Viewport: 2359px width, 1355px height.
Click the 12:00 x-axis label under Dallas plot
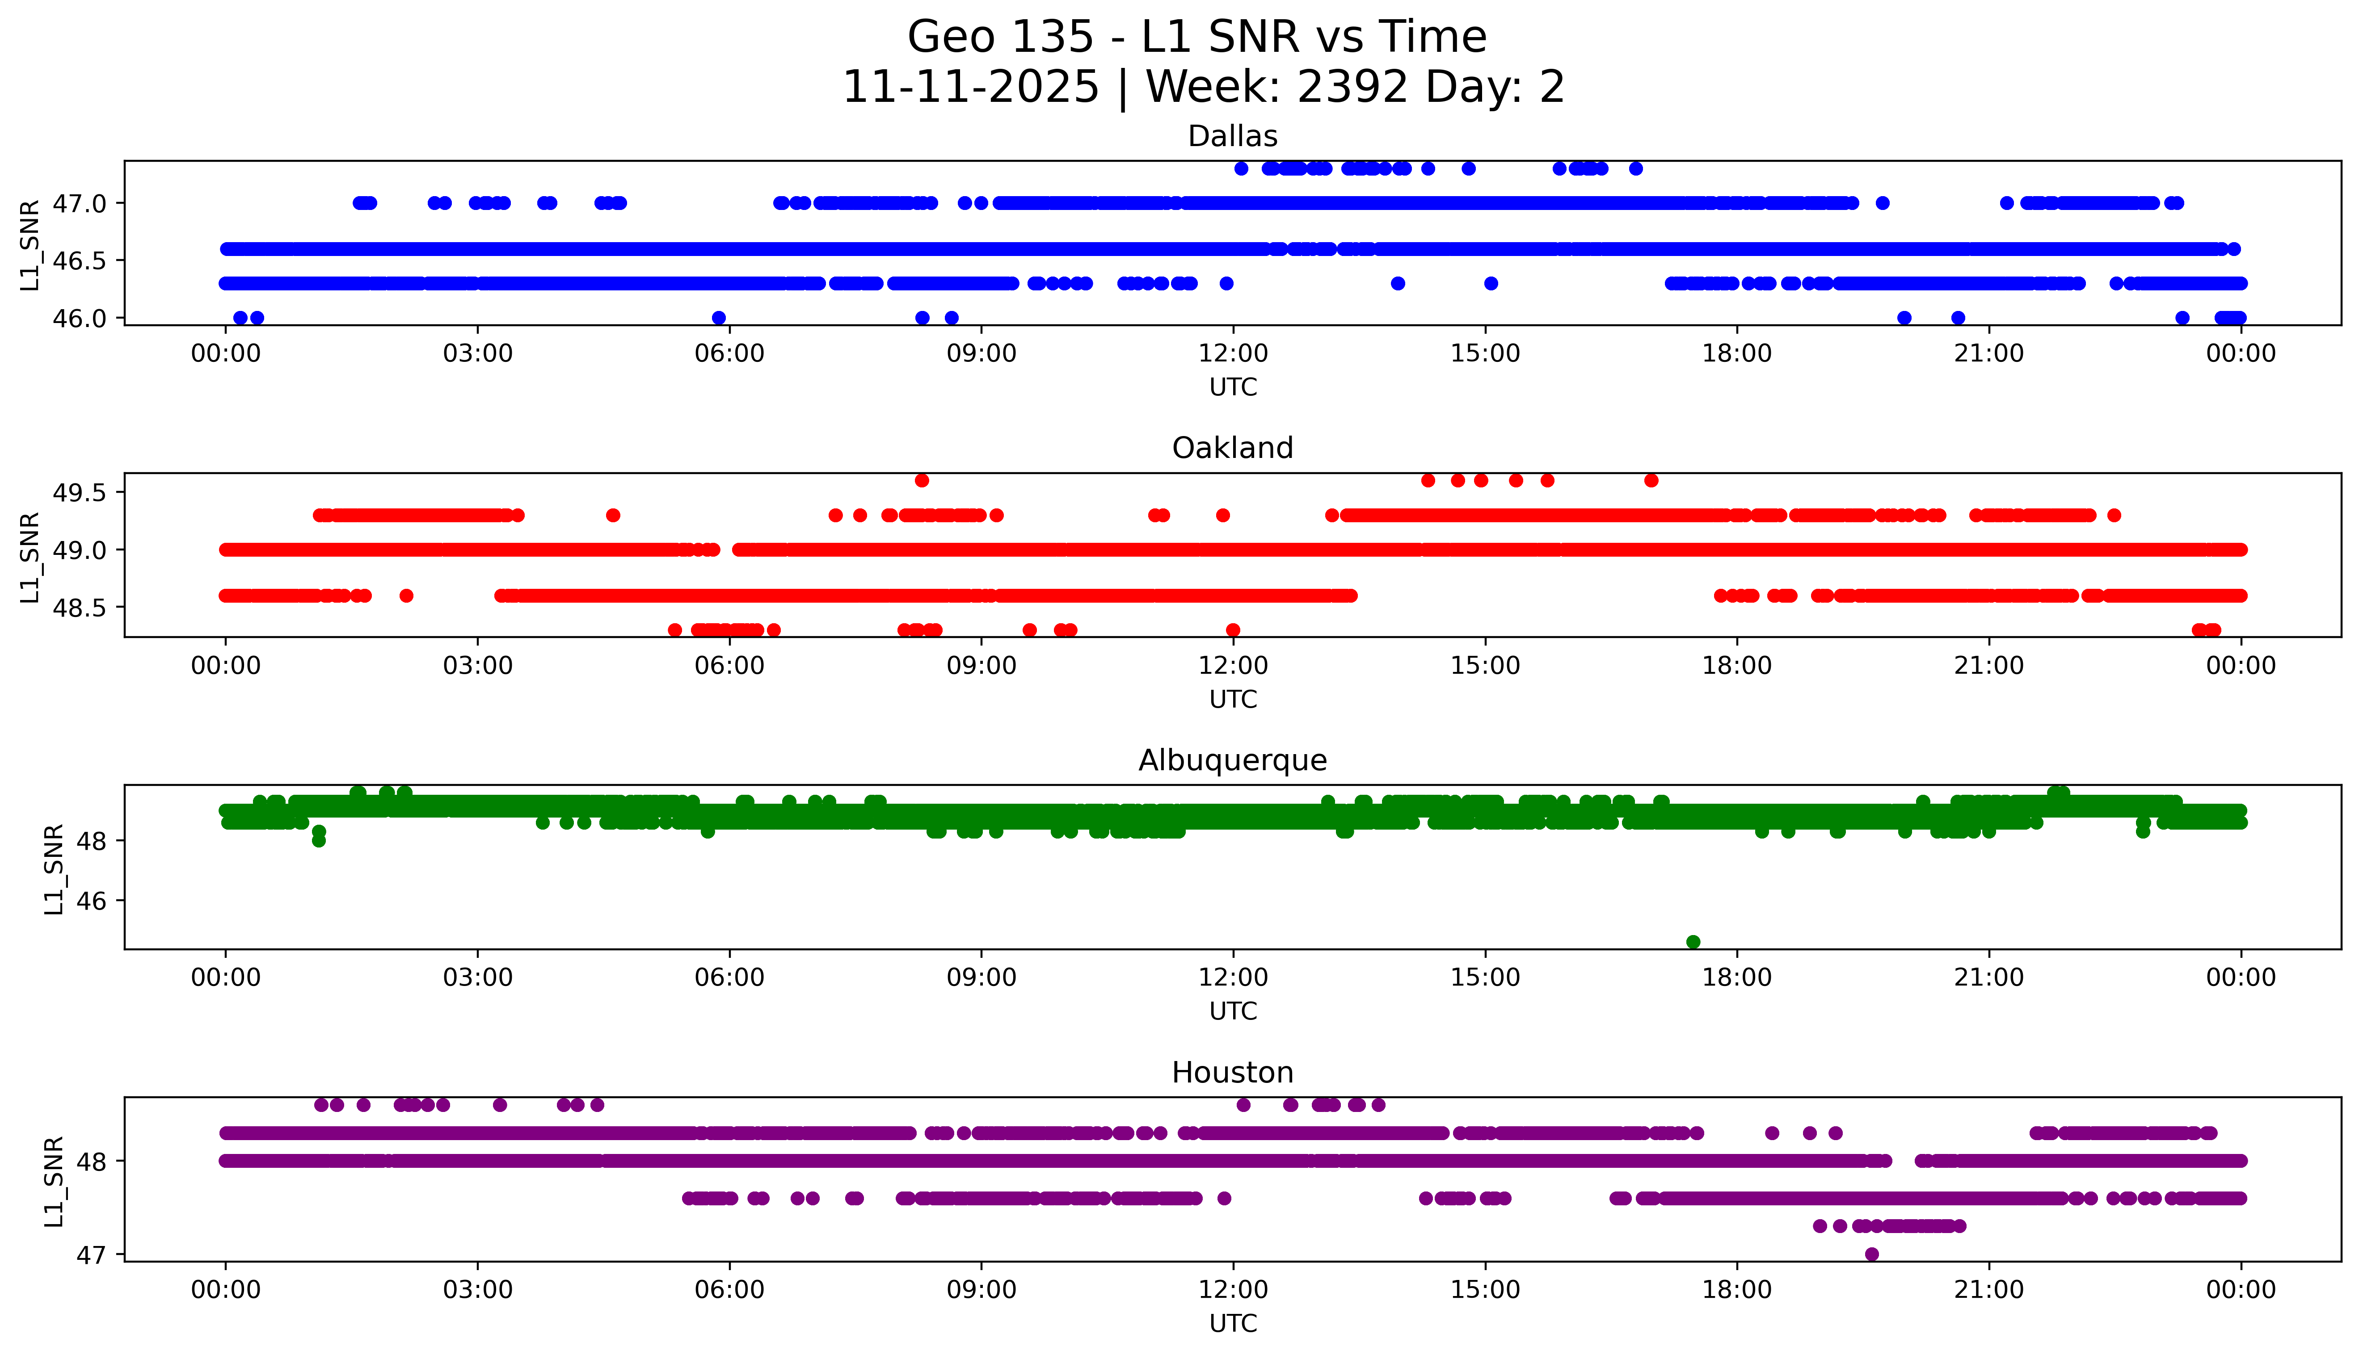click(1233, 354)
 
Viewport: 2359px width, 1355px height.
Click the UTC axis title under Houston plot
click(1233, 1323)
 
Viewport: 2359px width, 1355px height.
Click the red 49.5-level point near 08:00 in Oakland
click(922, 480)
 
